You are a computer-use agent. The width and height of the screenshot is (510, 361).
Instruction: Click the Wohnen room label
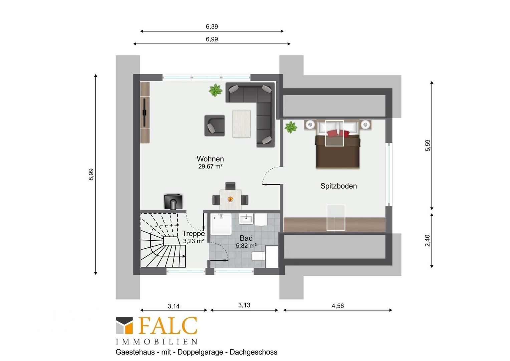(x=210, y=159)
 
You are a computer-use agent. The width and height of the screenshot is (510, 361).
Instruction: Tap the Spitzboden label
(x=338, y=186)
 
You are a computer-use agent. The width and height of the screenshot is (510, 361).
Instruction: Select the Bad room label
(x=246, y=238)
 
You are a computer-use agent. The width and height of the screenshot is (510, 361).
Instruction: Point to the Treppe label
(x=193, y=234)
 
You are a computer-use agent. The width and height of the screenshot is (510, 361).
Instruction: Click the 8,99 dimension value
(x=91, y=174)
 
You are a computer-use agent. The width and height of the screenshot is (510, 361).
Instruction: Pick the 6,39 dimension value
(x=212, y=27)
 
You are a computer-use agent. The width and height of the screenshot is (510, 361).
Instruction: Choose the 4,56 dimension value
(x=338, y=306)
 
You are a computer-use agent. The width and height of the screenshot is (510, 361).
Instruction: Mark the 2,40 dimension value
(x=427, y=241)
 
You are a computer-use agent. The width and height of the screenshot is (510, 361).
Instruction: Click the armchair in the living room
(x=215, y=126)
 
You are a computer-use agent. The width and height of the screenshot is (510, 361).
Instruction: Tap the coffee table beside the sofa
(x=241, y=124)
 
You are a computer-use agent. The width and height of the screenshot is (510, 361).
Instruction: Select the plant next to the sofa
(x=215, y=90)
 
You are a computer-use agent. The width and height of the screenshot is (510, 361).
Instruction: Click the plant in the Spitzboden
(x=291, y=127)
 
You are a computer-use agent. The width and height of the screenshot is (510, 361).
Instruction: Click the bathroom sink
(x=246, y=219)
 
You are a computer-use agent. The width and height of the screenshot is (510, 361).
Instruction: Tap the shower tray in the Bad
(x=221, y=224)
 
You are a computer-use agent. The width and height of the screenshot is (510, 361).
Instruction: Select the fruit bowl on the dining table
(x=230, y=199)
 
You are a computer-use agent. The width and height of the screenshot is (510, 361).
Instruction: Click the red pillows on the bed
(x=338, y=133)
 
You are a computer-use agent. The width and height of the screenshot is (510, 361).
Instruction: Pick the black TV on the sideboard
(x=144, y=112)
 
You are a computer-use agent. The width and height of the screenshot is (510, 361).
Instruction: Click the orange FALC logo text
(x=168, y=326)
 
